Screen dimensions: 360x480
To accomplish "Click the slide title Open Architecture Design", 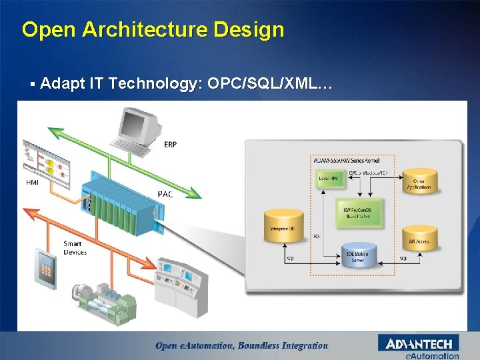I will pyautogui.click(x=153, y=29).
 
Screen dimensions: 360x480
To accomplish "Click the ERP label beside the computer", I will pyautogui.click(x=171, y=144).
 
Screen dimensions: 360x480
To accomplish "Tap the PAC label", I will pyautogui.click(x=165, y=194).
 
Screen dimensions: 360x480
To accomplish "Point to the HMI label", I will pyautogui.click(x=31, y=182).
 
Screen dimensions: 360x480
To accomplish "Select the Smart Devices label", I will pyautogui.click(x=75, y=248).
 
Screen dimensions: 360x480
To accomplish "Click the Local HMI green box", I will pyautogui.click(x=329, y=179).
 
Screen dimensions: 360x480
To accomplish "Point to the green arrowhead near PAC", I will pyautogui.click(x=193, y=194).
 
